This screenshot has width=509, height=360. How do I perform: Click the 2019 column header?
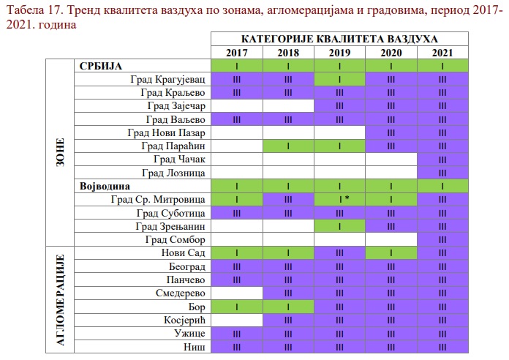tap(339, 53)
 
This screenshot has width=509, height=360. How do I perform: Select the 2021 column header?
tap(442, 53)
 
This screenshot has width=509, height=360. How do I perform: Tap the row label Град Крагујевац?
tap(167, 79)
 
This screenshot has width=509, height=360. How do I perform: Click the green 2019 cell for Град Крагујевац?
tap(339, 79)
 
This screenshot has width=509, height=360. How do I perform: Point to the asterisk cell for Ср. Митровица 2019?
tap(339, 199)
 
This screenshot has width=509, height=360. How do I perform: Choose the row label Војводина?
tap(105, 186)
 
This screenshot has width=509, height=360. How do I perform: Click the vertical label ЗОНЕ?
tap(61, 152)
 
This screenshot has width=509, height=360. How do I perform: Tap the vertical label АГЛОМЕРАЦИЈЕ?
tap(61, 299)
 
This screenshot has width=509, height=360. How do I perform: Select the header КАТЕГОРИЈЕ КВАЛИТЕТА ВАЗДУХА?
tap(339, 39)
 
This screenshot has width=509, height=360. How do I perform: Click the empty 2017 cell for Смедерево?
tap(237, 293)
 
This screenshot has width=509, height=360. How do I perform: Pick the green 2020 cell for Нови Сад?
tap(391, 252)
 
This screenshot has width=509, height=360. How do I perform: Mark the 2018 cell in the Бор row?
tap(288, 307)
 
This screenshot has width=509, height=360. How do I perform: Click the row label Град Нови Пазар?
tap(166, 132)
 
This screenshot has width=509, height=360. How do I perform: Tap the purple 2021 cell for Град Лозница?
tap(442, 173)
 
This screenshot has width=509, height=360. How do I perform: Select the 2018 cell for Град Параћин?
tap(288, 146)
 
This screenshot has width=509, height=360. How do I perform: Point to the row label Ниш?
tap(195, 347)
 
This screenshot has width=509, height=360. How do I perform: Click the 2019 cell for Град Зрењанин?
tap(339, 226)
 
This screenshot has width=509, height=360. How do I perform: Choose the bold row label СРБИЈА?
tap(101, 66)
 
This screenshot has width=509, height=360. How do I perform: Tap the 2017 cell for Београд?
tap(237, 266)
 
